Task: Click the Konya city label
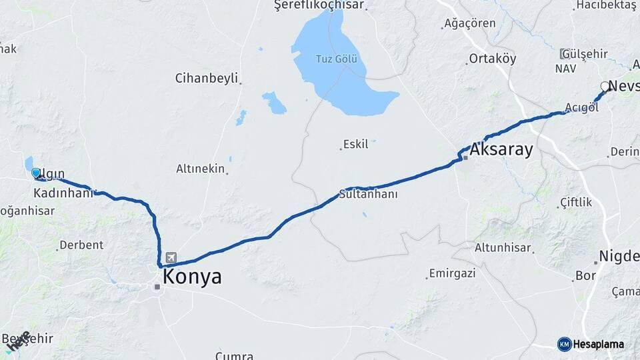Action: coord(193,277)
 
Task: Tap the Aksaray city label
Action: coord(501,149)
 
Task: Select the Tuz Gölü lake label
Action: coord(337,58)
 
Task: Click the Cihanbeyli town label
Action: coord(206,78)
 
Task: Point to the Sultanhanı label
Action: coord(368,195)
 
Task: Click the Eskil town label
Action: coord(355,144)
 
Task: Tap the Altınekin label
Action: coord(200,169)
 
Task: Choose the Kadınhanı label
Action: coord(63,193)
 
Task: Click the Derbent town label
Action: coord(81,245)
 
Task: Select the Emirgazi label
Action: coord(451,273)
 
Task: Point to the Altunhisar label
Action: coord(503,248)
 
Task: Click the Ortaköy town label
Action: coord(492,58)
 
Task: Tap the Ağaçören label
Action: coord(470,23)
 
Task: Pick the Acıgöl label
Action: coord(581,108)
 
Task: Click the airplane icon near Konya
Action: coord(172,257)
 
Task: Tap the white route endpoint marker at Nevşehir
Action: coord(605,86)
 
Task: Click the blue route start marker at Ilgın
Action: coord(36,173)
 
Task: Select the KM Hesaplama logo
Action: coord(591,344)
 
